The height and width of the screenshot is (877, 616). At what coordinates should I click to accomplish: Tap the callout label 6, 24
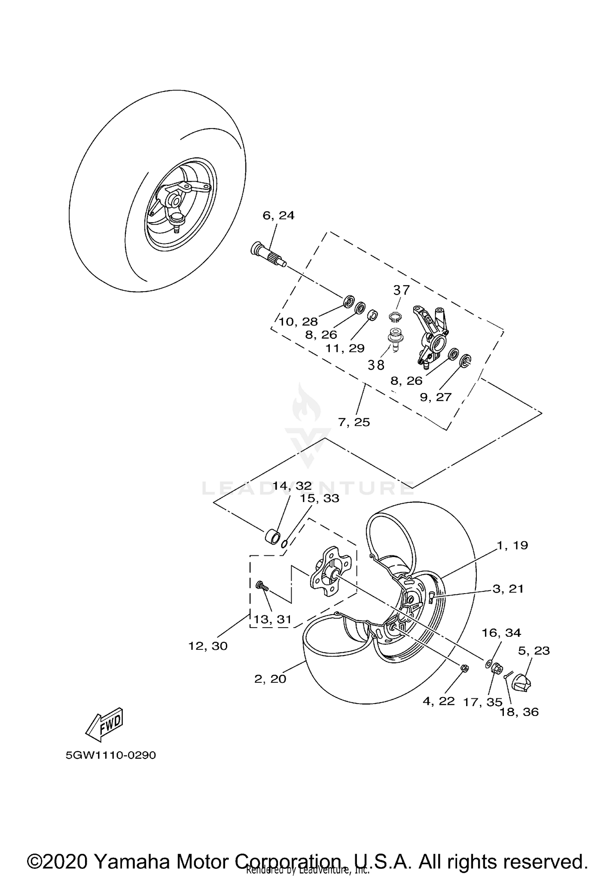coord(278,215)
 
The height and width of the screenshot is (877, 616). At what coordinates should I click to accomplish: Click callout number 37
coord(401,290)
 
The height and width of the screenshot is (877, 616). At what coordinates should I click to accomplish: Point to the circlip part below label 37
coord(395,317)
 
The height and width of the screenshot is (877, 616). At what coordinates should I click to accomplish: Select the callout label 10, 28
coord(299,322)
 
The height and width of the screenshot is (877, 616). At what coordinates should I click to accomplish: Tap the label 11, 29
coord(345,348)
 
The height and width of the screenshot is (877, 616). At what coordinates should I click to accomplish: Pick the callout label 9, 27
coord(435,397)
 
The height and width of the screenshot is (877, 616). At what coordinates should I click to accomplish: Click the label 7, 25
coord(354,422)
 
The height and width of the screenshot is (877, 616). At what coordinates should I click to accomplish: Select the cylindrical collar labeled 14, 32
coord(271,536)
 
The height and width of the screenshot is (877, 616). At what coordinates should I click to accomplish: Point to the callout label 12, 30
coord(208,646)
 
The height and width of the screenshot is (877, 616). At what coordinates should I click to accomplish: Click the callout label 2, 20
coord(270,679)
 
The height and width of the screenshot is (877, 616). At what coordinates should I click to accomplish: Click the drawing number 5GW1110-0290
coord(111,755)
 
